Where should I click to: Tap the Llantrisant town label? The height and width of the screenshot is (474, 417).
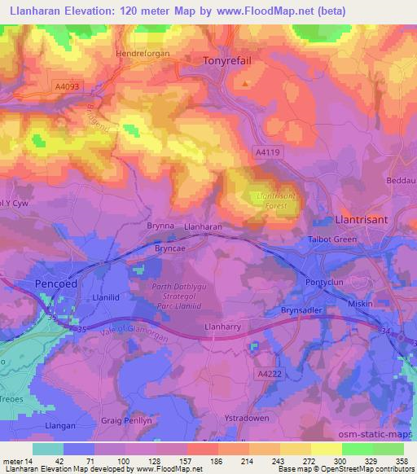tap(365, 220)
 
